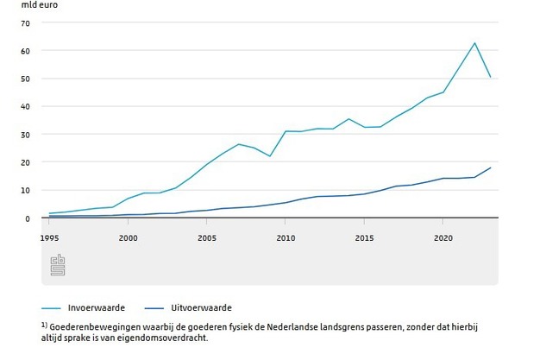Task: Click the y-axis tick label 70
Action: coord(26,22)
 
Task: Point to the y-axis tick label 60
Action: coord(26,51)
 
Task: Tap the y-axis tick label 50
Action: coord(26,79)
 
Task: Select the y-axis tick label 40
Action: coord(26,106)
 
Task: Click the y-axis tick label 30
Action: coord(26,135)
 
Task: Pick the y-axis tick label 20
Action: coord(26,162)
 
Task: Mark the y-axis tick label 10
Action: coord(26,190)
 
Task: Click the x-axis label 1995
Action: coord(50,237)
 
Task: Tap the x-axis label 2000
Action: coord(129,237)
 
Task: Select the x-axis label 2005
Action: coord(207,237)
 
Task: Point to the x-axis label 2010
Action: coord(286,237)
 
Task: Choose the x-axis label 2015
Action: coord(364,237)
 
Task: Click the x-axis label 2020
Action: coord(443,237)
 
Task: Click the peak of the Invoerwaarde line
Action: coord(474,42)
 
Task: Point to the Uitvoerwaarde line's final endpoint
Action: coord(490,167)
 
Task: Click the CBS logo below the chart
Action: coord(58,265)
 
